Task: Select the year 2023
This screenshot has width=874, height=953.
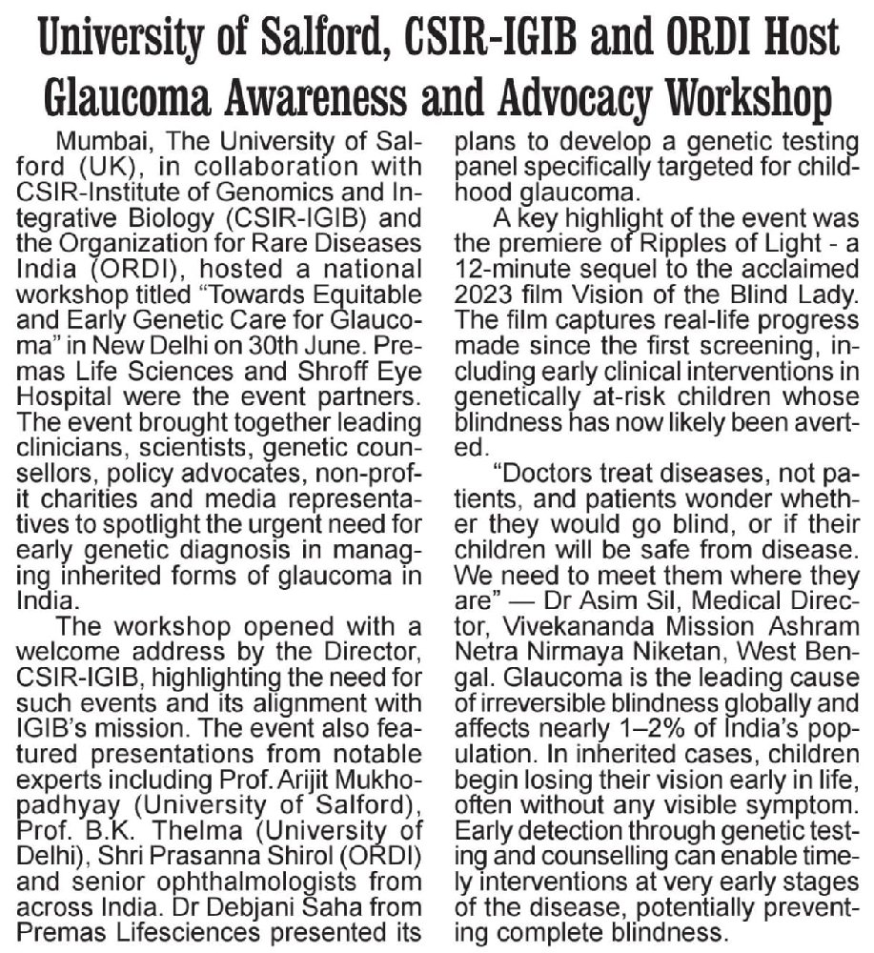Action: [x=490, y=293]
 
